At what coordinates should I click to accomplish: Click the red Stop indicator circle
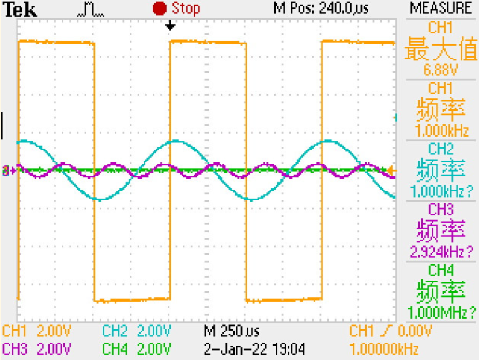click(x=160, y=8)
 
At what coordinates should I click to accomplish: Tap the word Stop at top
click(x=186, y=8)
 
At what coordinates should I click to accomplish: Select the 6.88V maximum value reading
click(x=440, y=71)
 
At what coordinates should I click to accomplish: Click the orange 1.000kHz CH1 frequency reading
click(x=440, y=128)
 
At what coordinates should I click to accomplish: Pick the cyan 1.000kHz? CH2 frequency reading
click(x=440, y=191)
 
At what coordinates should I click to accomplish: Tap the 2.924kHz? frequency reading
click(x=440, y=252)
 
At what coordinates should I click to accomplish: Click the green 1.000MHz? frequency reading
click(x=440, y=313)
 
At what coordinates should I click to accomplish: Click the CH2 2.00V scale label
click(x=137, y=331)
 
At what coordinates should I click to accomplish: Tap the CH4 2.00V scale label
click(x=137, y=349)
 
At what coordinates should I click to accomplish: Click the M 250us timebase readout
click(x=232, y=331)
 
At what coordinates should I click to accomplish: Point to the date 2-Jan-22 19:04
click(x=255, y=349)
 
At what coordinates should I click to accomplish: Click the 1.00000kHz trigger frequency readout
click(x=384, y=349)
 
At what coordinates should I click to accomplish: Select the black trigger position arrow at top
click(x=170, y=26)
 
